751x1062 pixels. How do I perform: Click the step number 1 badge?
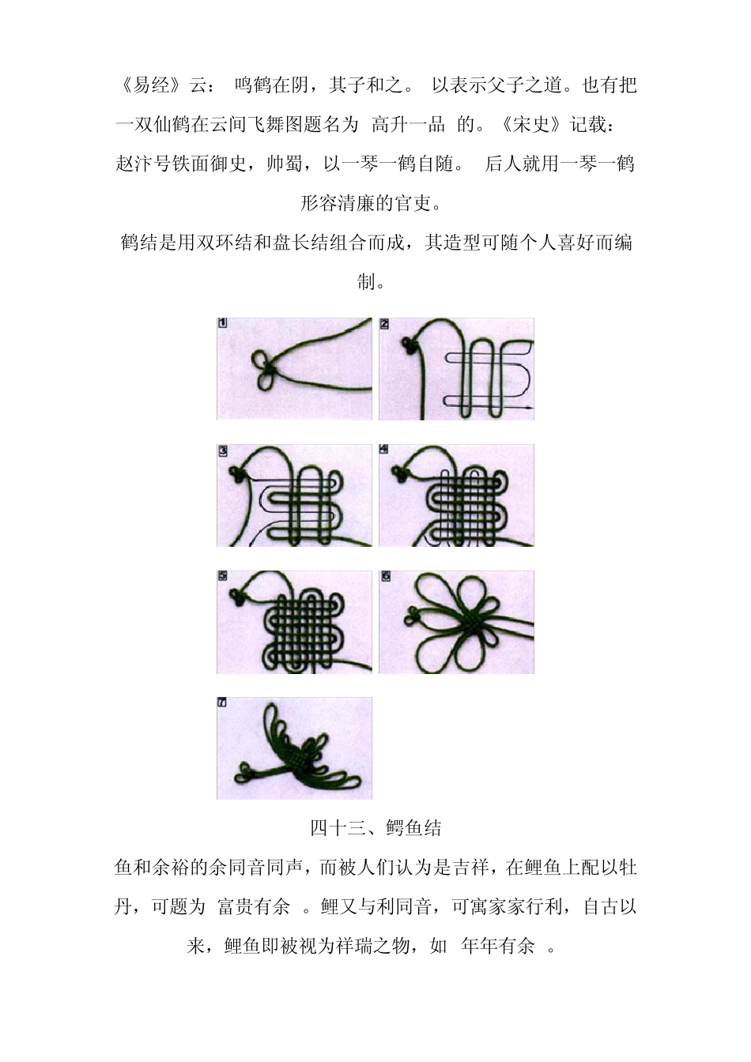tap(222, 323)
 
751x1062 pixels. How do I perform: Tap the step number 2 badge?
tap(384, 323)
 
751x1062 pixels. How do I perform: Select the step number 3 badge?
tap(222, 450)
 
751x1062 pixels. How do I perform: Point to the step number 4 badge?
tap(384, 449)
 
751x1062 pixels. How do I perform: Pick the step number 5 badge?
tap(222, 576)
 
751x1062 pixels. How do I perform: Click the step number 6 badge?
tap(385, 576)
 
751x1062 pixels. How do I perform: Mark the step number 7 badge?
tap(222, 702)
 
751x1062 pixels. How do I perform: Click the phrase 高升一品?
tap(409, 125)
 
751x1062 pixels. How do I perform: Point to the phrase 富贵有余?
tap(254, 907)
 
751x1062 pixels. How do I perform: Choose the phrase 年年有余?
tap(498, 947)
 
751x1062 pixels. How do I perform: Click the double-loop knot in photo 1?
tap(264, 371)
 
